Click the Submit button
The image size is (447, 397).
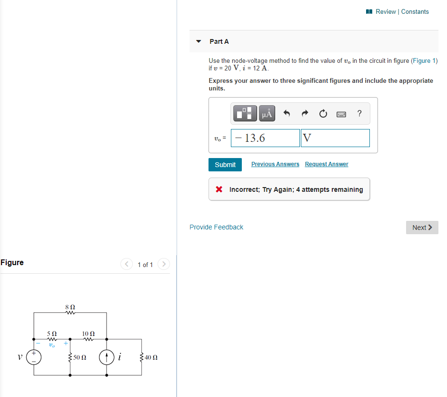click(225, 165)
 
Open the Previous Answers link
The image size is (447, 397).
click(275, 164)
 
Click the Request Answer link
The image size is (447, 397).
click(327, 164)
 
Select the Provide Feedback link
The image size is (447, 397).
click(216, 227)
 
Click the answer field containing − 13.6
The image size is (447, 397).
click(265, 138)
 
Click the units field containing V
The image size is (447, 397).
click(335, 138)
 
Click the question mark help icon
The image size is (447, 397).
click(359, 113)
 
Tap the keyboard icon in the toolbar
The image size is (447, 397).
click(341, 114)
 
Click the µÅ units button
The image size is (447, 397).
click(267, 113)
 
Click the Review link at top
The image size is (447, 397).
click(385, 11)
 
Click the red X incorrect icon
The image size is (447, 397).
click(219, 189)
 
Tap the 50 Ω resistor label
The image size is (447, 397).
click(79, 357)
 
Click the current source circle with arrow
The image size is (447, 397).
click(106, 357)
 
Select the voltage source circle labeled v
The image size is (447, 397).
click(34, 357)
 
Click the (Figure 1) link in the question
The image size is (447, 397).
click(424, 60)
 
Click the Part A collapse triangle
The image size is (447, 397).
click(199, 41)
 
